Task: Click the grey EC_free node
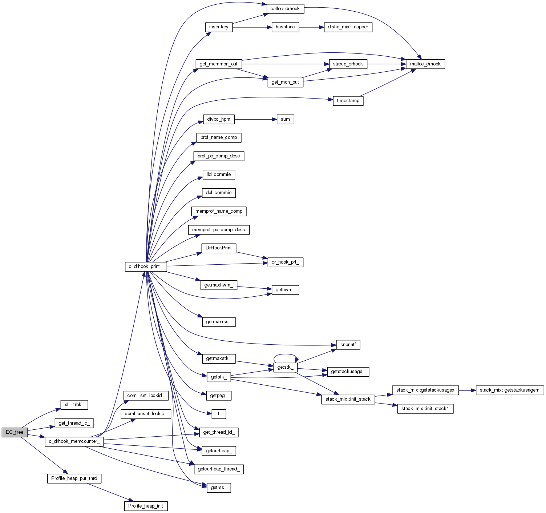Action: click(x=15, y=432)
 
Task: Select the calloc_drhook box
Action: click(x=285, y=9)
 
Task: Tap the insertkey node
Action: click(x=219, y=27)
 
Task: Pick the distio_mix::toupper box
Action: click(x=348, y=27)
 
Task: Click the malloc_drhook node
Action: click(x=425, y=64)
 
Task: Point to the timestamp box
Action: click(x=348, y=101)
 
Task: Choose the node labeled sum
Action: click(x=285, y=119)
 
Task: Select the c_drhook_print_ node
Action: click(x=146, y=266)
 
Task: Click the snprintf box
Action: click(x=348, y=345)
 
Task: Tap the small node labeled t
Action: click(x=219, y=414)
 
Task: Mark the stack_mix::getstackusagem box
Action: click(x=510, y=390)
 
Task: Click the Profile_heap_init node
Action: click(x=146, y=506)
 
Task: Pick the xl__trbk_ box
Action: click(x=74, y=405)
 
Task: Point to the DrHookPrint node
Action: click(x=219, y=248)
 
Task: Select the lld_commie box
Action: click(x=219, y=175)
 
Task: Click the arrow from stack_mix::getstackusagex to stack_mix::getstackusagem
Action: click(x=467, y=390)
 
